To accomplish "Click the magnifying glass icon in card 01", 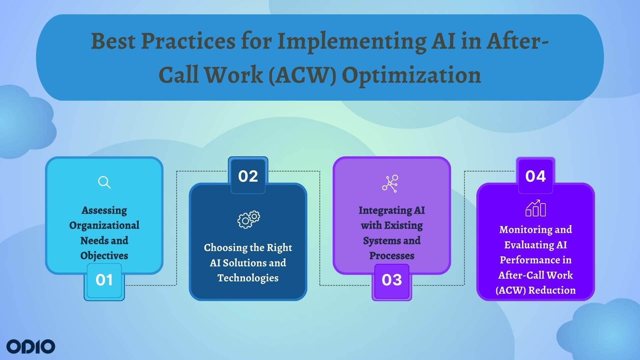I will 104,182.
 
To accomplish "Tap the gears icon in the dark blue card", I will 249,219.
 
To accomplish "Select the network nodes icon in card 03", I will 390,183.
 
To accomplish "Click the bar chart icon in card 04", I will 535,208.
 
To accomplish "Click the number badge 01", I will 104,280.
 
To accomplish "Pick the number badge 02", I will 248,176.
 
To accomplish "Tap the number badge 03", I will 392,280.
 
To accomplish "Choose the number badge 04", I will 535,176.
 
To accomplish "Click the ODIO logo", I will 31,347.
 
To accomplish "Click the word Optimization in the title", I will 411,75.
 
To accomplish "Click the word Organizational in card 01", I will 104,225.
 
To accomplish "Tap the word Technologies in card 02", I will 248,278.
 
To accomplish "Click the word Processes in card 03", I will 392,256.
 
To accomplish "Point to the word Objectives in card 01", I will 104,256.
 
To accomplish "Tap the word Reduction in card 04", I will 552,290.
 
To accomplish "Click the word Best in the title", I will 113,42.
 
